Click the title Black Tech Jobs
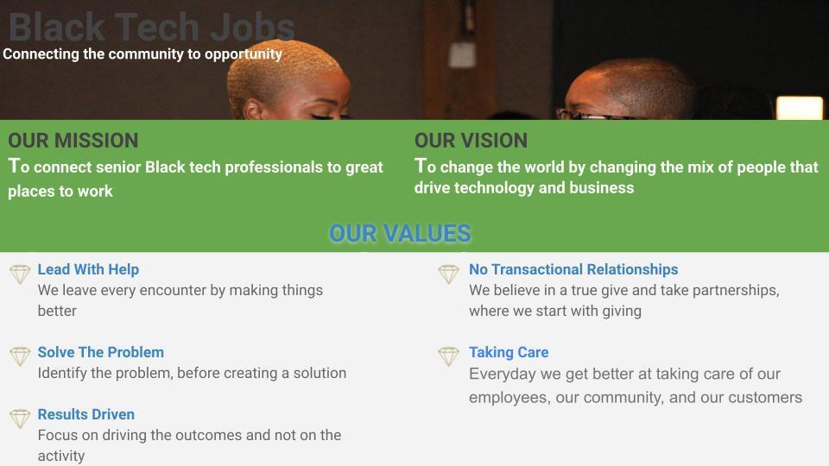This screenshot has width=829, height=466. [151, 26]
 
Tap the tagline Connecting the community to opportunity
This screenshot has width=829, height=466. [142, 54]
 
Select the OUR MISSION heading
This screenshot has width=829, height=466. [73, 141]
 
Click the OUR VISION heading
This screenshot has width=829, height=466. [471, 141]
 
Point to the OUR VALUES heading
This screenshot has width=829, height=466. [400, 233]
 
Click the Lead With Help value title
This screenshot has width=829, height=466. [88, 269]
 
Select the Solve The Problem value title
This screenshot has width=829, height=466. [100, 352]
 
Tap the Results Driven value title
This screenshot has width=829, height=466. [85, 414]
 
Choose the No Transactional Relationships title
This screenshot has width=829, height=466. [573, 269]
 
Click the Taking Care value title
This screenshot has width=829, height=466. [509, 352]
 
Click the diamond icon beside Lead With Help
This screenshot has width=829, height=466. [20, 274]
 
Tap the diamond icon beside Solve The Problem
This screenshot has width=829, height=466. [20, 356]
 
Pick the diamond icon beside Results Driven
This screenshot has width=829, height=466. [20, 419]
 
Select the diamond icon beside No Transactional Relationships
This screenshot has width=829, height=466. [448, 274]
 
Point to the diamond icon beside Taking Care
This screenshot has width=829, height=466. [448, 356]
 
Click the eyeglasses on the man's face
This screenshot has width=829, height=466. [587, 114]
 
